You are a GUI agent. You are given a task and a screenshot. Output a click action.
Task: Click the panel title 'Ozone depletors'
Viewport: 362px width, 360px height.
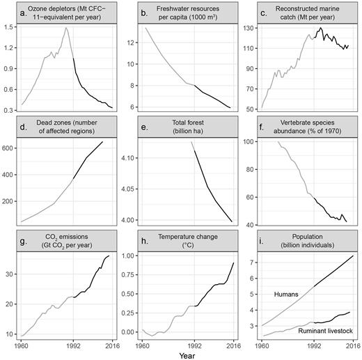pos(68,12)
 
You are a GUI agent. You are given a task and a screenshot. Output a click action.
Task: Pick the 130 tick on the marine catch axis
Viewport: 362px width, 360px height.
pos(250,31)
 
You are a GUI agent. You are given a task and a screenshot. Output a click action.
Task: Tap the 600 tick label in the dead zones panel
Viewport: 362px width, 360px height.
pos(13,148)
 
